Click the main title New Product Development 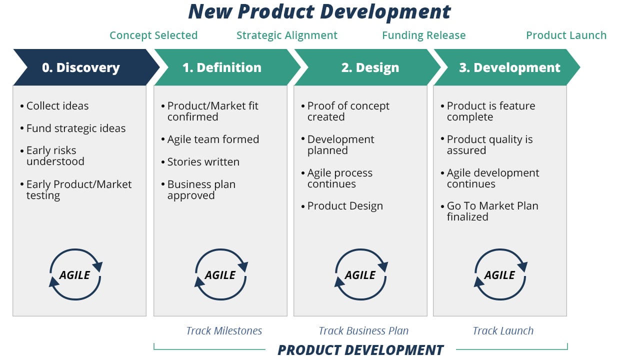pos(319,12)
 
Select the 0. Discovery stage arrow pos(81,67)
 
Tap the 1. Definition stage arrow pos(221,67)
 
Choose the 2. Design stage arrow pos(370,67)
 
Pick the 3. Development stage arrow pos(509,67)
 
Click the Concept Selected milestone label pos(153,35)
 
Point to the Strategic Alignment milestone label pos(287,35)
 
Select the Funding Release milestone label pos(423,35)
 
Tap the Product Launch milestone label pos(566,35)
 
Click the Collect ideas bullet pos(57,106)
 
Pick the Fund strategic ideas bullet pos(75,128)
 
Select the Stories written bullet pos(203,162)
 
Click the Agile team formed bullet pos(213,139)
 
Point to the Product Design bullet pos(345,206)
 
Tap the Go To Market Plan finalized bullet pos(492,211)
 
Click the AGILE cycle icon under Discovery pos(75,275)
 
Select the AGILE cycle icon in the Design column pos(360,275)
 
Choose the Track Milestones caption pos(224,331)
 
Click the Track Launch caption pos(503,331)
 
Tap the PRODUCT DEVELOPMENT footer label pos(360,350)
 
